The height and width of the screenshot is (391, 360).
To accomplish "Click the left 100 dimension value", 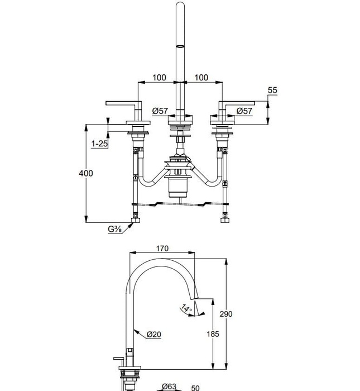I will coord(159,77).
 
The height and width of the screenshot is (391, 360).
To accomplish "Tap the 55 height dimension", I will coord(272,90).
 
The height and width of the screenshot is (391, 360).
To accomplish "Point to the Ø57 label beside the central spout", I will coord(160,111).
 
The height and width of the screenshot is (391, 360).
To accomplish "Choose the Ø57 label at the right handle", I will coord(244,111).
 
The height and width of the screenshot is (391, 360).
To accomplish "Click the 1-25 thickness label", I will coord(100,144).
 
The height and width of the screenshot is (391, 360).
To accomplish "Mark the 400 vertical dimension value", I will coord(86,173).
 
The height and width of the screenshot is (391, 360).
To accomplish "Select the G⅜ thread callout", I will coord(116,229).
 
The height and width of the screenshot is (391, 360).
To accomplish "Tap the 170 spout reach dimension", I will coord(162,249).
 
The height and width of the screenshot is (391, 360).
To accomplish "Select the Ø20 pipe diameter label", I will coord(153,335).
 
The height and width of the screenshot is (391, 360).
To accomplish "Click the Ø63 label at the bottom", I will coord(169,387).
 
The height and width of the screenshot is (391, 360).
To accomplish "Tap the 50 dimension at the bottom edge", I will coord(196,388).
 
